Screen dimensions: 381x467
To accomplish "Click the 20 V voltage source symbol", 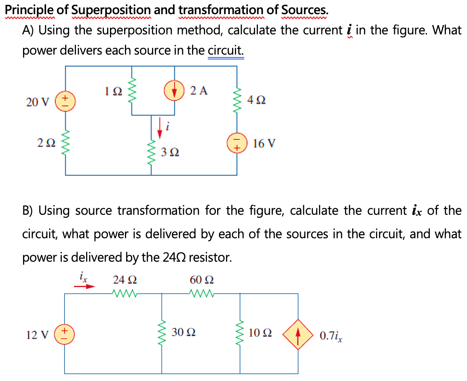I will click(66, 101).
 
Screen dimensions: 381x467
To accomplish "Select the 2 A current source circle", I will click(175, 91).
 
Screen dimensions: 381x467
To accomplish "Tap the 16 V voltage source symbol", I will click(237, 144).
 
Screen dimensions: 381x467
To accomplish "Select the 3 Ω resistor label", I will click(170, 152).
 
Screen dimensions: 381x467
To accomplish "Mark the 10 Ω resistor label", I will click(260, 333).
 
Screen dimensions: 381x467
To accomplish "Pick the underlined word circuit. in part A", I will click(226, 51).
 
